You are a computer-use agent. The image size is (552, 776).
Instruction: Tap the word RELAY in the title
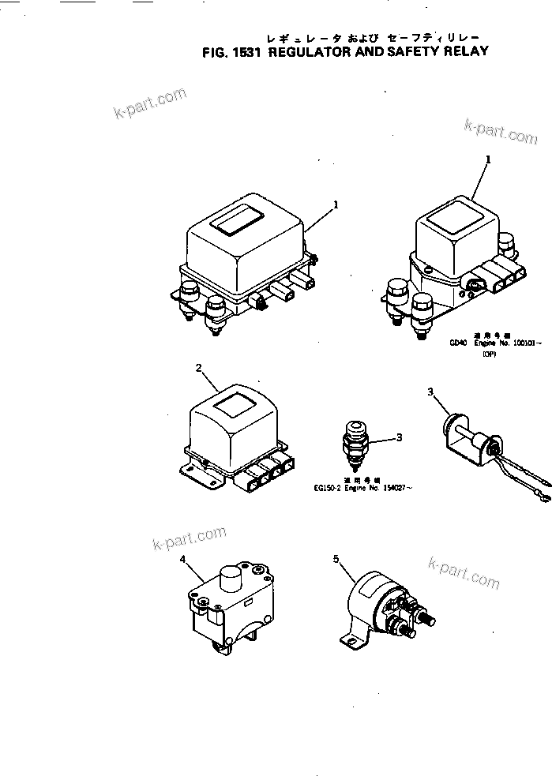(x=461, y=52)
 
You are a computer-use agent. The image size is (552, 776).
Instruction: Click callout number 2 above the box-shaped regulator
(x=199, y=368)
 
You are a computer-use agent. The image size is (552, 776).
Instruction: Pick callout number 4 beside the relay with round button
(x=182, y=560)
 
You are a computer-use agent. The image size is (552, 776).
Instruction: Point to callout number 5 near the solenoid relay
(x=336, y=560)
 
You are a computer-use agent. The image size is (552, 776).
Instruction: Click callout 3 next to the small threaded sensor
(x=400, y=437)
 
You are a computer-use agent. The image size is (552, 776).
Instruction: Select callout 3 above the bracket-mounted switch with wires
(x=430, y=392)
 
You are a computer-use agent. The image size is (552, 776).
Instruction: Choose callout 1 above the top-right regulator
(x=487, y=159)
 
